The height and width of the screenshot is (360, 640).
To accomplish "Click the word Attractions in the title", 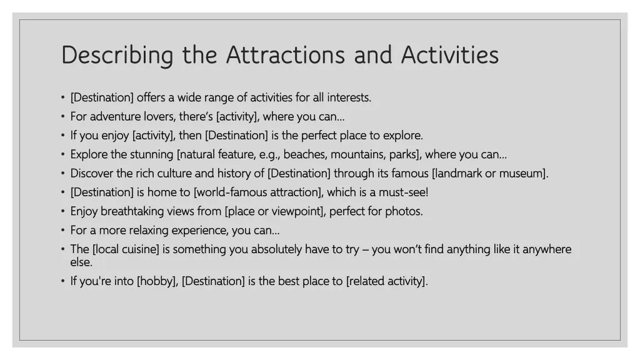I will pos(285,55).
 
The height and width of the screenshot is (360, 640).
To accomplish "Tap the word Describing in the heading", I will pos(117,55).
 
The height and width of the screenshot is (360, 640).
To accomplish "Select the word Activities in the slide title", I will pos(449,55).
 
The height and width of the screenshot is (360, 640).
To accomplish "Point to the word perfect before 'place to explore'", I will pos(319,135).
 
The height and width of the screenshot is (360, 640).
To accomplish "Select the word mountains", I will pos(357,154).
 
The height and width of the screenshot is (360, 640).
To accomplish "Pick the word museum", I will pos(523,173).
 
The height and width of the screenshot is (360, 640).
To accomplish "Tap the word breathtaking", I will pos(132,211).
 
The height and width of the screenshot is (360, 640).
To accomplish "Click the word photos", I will pos(403,211).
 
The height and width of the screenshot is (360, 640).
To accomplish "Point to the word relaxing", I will pos(149,230).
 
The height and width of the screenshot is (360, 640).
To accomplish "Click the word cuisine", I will pos(139,249).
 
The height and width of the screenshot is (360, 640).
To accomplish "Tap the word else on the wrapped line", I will pos(81,262).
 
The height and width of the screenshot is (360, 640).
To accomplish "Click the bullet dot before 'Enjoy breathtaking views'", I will pos(63,211).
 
